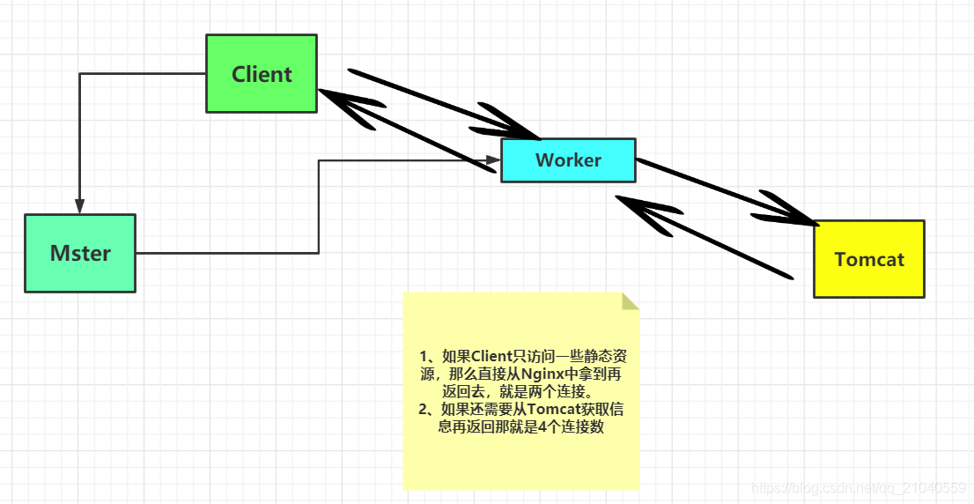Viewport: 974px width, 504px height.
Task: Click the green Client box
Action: point(261,74)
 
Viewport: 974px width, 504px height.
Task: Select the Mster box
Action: point(80,254)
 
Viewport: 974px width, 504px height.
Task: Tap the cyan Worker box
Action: point(568,160)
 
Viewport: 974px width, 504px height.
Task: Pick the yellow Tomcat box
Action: point(868,260)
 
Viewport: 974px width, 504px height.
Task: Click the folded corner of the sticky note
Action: point(631,300)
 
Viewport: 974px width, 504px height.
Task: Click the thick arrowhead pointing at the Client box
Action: point(339,103)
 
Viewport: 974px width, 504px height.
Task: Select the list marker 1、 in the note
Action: point(430,357)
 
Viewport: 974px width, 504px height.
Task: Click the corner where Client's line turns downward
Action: point(80,74)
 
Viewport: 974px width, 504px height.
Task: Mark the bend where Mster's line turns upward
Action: point(318,253)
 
